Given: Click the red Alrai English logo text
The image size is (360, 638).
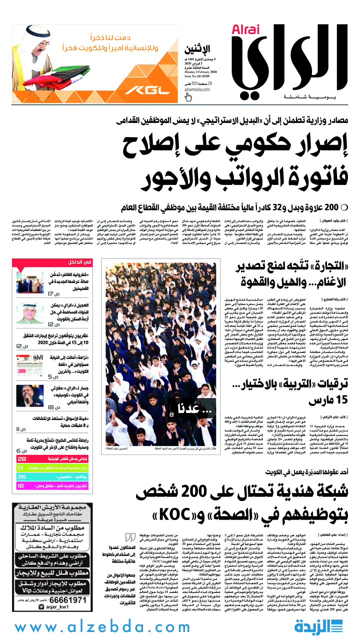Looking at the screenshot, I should (x=246, y=30).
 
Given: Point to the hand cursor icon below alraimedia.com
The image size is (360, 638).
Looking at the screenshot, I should (x=188, y=97).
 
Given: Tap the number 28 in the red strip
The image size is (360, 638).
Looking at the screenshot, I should (x=21, y=458).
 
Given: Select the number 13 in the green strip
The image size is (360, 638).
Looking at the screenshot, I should (x=20, y=467).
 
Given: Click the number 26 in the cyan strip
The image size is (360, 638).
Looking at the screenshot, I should (x=20, y=476).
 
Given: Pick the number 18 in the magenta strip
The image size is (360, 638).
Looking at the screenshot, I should (x=20, y=485).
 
